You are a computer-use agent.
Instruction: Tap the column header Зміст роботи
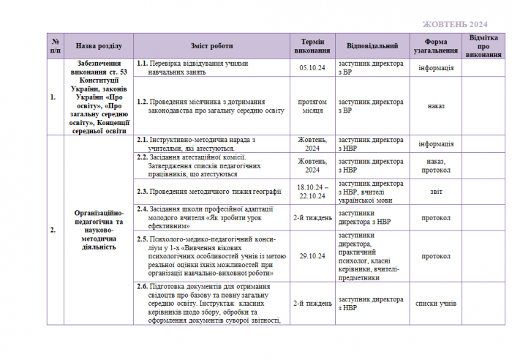pos(212,45)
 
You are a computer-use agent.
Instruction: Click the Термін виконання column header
pos(312,45)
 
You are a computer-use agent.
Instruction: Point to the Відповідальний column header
pos(372,45)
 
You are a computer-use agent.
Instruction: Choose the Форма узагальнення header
pos(436,45)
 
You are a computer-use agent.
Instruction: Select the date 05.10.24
pos(312,68)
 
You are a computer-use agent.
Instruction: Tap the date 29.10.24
pos(312,256)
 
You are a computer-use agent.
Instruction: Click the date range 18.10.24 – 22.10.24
pos(312,192)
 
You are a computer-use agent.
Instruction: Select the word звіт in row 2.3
pos(436,192)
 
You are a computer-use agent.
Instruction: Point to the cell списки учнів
pos(436,303)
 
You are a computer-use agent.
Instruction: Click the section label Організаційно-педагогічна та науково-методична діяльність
pos(98,229)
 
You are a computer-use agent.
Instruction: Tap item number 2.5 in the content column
pos(143,239)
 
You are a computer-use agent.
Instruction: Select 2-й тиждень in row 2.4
pos(312,217)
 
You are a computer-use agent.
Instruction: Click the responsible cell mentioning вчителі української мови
pos(372,192)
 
